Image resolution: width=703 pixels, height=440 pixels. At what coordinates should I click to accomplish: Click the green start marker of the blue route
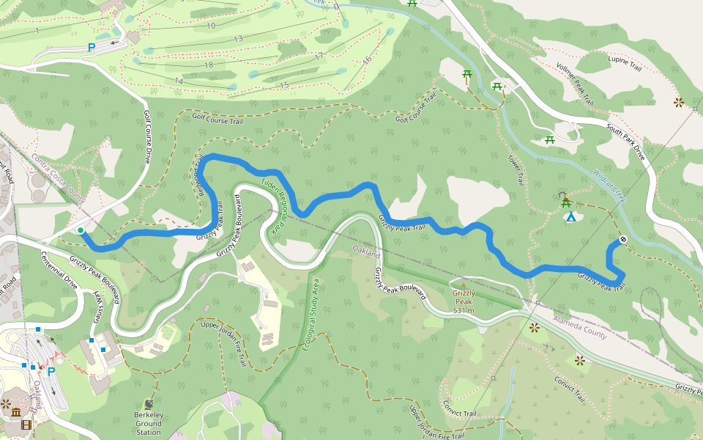81,231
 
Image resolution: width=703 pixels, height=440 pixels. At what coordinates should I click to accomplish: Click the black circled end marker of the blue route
623,239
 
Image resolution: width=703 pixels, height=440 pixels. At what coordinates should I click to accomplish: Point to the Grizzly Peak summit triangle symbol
463,285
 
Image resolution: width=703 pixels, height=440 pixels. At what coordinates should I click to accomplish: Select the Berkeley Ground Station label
149,423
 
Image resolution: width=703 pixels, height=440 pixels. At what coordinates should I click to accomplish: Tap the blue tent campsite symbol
570,216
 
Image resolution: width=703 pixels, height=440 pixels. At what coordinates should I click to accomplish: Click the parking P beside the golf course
92,48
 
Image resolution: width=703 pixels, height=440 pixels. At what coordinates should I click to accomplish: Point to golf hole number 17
319,56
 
